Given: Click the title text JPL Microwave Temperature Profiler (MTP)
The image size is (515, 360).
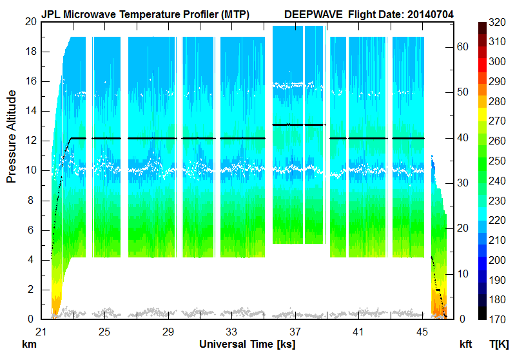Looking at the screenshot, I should click(145, 14).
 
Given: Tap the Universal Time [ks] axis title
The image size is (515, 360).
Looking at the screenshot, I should click(248, 344).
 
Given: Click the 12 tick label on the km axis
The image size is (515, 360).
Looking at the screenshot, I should click(30, 141).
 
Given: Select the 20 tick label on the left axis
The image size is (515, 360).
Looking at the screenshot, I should click(30, 21).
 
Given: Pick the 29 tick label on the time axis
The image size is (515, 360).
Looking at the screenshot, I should click(168, 332).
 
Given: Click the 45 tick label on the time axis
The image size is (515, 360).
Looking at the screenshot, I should click(422, 332).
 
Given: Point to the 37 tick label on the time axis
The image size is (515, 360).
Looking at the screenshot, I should click(295, 332).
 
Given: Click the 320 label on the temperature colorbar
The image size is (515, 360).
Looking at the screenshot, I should click(497, 22).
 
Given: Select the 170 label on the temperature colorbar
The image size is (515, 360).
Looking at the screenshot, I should click(497, 319).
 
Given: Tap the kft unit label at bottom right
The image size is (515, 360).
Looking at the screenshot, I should click(465, 344).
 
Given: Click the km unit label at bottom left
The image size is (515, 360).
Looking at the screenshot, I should click(28, 344).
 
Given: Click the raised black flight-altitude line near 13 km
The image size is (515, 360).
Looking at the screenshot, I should click(298, 125).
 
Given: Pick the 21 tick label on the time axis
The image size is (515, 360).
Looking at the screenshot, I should click(41, 332).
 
